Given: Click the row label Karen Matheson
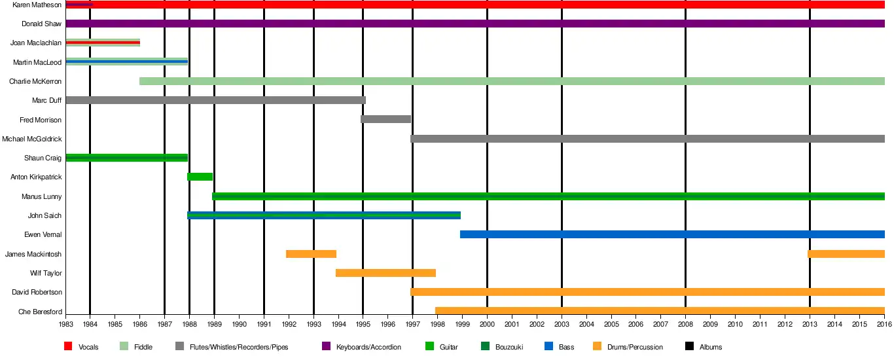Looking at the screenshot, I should pyautogui.click(x=37, y=5).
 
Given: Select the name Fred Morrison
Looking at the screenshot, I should pyautogui.click(x=41, y=120).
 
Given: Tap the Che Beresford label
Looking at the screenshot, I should pyautogui.click(x=41, y=312).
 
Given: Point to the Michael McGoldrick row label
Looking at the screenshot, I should pyautogui.click(x=32, y=139).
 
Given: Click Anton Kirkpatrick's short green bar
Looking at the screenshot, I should pyautogui.click(x=200, y=177).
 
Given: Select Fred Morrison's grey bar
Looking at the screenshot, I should pyautogui.click(x=385, y=119).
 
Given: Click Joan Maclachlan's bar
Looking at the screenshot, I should pyautogui.click(x=103, y=43).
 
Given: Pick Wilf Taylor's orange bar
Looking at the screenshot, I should pyautogui.click(x=385, y=273).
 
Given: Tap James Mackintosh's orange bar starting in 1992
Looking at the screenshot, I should pyautogui.click(x=311, y=254).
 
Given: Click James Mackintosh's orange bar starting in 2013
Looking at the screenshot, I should pyautogui.click(x=846, y=254).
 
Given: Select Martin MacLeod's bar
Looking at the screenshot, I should pyautogui.click(x=127, y=62).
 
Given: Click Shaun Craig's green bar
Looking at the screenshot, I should pyautogui.click(x=127, y=158).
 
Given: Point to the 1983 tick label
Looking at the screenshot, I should pyautogui.click(x=66, y=324).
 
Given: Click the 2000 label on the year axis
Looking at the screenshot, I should pyautogui.click(x=487, y=324).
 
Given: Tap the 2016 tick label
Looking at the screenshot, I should pyautogui.click(x=884, y=324).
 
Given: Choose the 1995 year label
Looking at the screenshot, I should pyautogui.click(x=363, y=324).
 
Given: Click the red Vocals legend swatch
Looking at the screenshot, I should pyautogui.click(x=68, y=347).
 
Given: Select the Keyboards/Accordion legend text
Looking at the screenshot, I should pyautogui.click(x=368, y=347).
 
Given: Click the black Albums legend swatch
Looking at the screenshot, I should pyautogui.click(x=689, y=347).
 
